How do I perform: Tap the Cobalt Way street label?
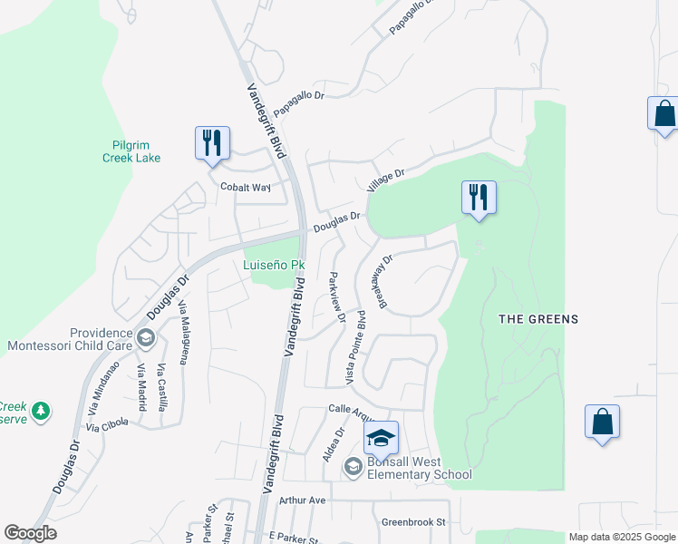point(246,187)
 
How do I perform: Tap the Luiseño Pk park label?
point(274,266)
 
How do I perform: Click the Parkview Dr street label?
point(336,296)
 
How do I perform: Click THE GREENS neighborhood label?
point(538,319)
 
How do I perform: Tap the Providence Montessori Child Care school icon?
point(144,339)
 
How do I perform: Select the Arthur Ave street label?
point(302,500)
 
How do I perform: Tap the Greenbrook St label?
point(413,522)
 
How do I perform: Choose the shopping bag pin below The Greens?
point(602,423)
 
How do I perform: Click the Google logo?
point(30,533)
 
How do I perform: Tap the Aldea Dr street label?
point(330,445)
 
